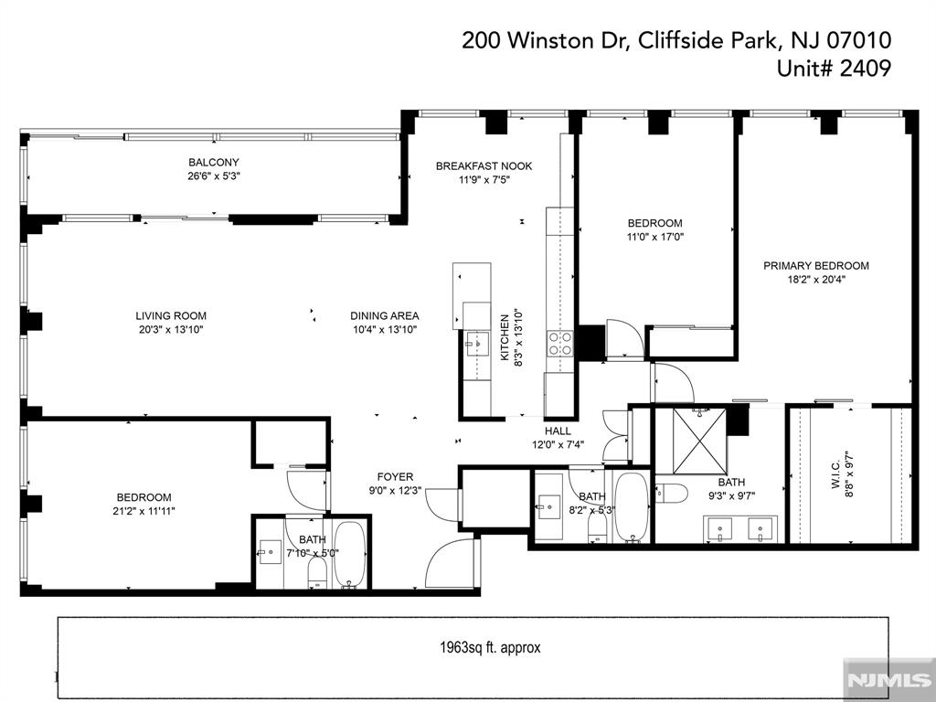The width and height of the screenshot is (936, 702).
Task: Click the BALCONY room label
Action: tap(214, 163)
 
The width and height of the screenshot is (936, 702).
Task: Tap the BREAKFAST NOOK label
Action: tap(484, 166)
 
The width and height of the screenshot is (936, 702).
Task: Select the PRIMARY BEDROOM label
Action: tap(816, 266)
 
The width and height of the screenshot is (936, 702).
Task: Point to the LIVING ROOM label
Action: tap(171, 315)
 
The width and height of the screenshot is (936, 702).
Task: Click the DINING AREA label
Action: tap(385, 315)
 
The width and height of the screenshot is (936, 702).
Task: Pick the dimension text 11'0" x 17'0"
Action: tap(654, 237)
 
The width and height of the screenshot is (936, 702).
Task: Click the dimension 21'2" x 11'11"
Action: tap(145, 511)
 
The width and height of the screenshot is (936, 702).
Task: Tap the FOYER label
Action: tap(395, 477)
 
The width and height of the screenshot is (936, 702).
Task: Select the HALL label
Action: tap(558, 431)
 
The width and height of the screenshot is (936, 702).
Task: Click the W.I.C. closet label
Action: tap(835, 474)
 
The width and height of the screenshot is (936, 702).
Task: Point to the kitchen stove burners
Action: tap(560, 344)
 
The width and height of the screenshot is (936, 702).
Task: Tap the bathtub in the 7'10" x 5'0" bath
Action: tap(349, 555)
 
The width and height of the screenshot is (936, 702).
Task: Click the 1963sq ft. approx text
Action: tap(490, 648)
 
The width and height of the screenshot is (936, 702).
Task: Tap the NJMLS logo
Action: tap(888, 680)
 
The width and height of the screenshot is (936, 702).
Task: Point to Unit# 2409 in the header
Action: tap(834, 68)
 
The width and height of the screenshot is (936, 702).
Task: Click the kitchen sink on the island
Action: tap(477, 345)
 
